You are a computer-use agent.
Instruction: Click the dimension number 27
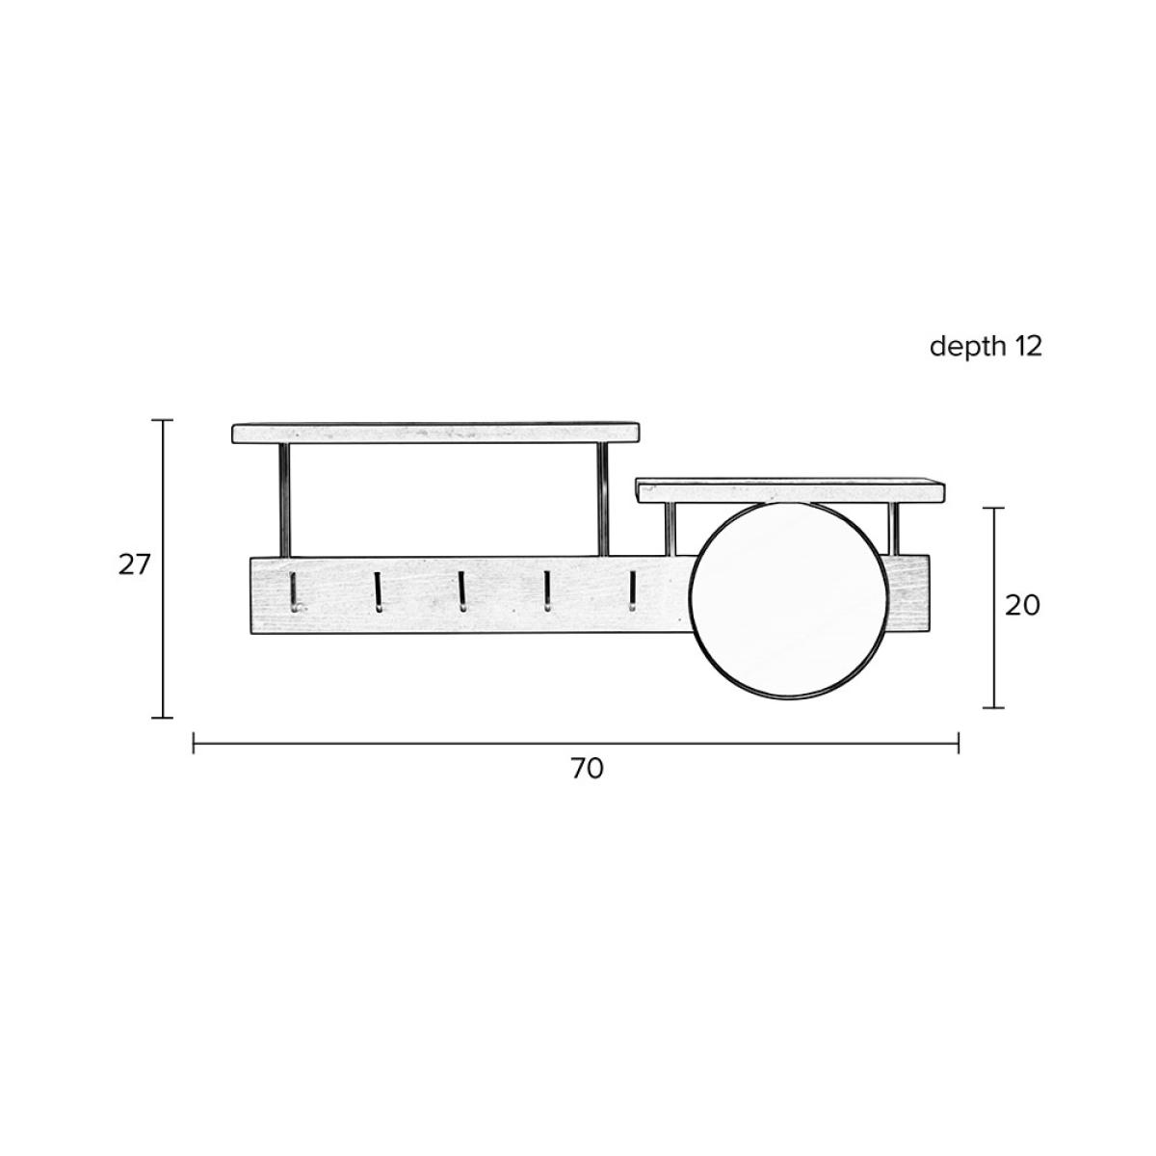133,565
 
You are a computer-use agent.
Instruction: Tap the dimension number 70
587,769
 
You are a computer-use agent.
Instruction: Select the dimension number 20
1022,606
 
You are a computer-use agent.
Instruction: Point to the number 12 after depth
1028,346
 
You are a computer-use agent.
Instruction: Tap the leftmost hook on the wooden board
294,592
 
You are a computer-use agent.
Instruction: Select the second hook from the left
378,592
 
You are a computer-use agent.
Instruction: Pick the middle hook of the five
462,591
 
